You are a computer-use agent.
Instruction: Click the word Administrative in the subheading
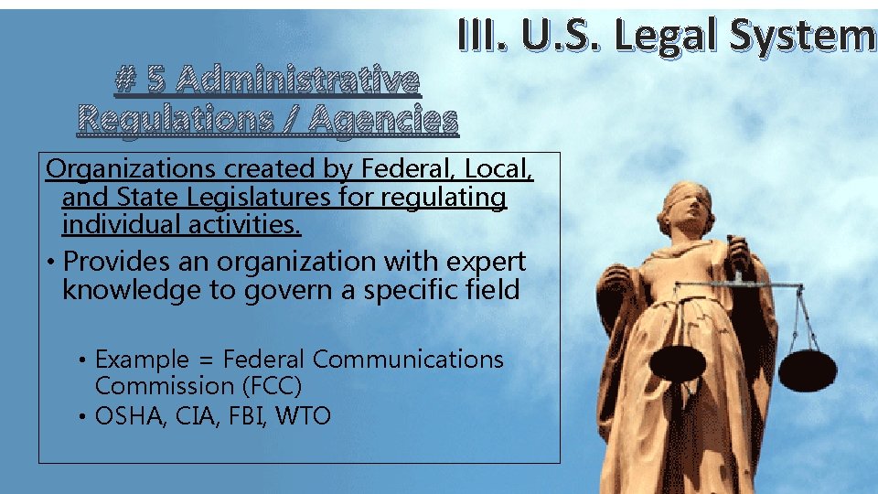tap(296, 82)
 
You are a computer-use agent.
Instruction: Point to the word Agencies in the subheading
tap(387, 119)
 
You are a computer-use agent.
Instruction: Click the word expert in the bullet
tap(485, 262)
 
